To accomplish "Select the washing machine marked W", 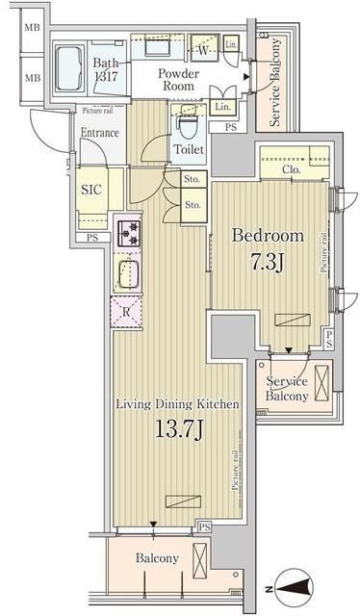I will (x=203, y=47).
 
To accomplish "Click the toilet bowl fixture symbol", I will (x=188, y=126).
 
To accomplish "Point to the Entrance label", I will (x=99, y=132).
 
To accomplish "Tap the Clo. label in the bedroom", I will (x=293, y=170).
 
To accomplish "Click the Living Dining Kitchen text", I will (x=176, y=405).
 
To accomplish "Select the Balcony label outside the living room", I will (x=156, y=558).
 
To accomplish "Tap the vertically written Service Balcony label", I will (x=275, y=83).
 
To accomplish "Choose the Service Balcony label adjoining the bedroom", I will (x=288, y=388).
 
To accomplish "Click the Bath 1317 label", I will (x=106, y=71).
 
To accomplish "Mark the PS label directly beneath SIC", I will (x=92, y=238).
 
